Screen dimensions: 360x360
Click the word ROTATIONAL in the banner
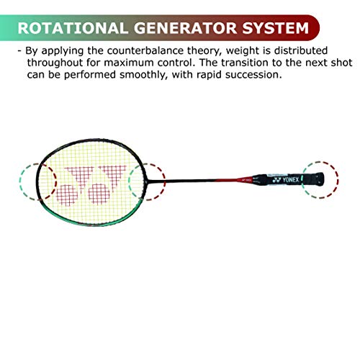pos(73,28)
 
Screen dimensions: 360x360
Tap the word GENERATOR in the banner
pos(186,28)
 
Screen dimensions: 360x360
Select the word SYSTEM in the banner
pos(275,28)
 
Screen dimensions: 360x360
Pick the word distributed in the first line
pos(301,50)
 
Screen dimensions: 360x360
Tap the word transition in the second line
pos(245,63)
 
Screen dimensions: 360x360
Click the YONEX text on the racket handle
pos(290,179)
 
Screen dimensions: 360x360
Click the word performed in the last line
pos(90,75)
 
